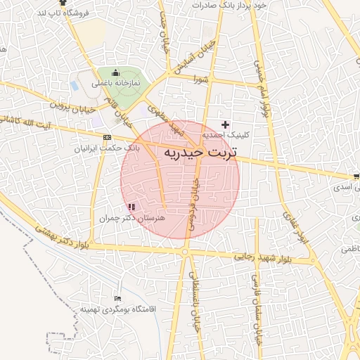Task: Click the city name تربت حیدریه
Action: coord(200,152)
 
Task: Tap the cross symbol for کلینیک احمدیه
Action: coord(225,124)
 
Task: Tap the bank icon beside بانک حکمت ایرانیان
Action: coord(107,138)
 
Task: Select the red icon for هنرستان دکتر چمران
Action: coord(131,207)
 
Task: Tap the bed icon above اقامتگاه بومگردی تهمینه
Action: coord(117,299)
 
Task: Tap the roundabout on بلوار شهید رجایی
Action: coord(185,251)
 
